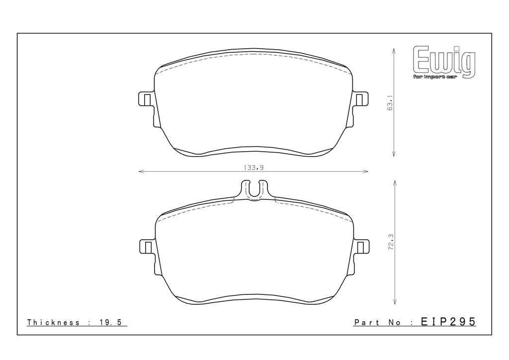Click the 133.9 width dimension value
pos(254,168)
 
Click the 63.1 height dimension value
pos(390,102)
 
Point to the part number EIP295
pos(448,322)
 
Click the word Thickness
pos(53,322)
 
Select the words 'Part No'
pos(377,322)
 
